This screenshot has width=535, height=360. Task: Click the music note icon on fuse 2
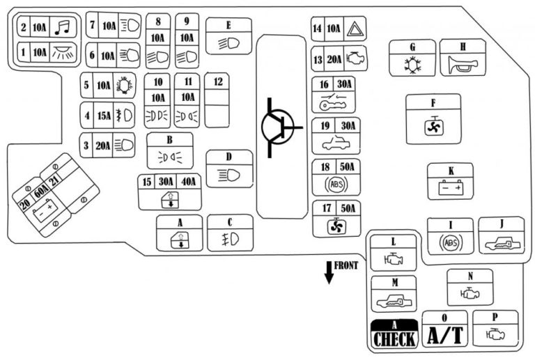[x=62, y=28]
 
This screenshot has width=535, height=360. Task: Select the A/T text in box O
[x=444, y=336]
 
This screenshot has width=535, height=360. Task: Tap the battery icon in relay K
[x=450, y=188]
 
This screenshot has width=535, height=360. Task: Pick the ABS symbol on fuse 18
[x=336, y=186]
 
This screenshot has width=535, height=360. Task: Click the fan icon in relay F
[x=433, y=127]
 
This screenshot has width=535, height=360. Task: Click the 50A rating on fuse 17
[x=348, y=208]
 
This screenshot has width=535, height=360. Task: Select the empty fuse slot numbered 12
[x=218, y=100]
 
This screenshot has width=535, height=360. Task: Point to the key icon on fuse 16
[x=334, y=103]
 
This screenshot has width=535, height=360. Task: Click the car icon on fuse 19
[x=336, y=145]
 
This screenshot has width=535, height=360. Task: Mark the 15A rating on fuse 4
[x=103, y=115]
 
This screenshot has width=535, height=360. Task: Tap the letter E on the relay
[x=228, y=24]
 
